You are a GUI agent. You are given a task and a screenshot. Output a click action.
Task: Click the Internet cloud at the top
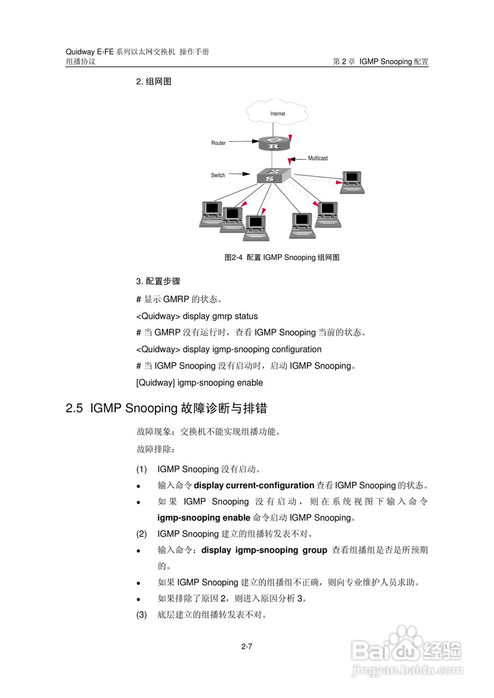coord(277,113)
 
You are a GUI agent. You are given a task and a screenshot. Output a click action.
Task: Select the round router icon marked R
coord(273,143)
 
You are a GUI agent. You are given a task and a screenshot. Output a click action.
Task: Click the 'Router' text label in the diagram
coord(218,143)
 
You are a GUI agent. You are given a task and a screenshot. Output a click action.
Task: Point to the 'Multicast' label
coord(318,158)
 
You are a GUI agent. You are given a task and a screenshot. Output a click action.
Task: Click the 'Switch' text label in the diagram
coord(218,175)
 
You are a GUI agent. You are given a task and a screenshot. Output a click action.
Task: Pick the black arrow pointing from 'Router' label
coord(243,142)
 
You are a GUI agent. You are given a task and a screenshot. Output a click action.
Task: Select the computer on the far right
coord(352,182)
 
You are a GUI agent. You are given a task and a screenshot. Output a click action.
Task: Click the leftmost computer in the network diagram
coord(211,213)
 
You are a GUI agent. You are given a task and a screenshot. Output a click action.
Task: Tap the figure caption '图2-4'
coord(233,257)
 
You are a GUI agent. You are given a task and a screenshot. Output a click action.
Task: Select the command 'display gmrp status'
coord(220,316)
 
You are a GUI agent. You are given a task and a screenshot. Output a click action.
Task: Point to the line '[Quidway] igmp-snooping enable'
coord(199,383)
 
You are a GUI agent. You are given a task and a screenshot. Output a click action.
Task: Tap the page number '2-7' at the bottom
coord(247,647)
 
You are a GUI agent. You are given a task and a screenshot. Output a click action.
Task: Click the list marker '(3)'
coord(141,615)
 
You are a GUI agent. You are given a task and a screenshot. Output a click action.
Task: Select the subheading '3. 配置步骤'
coord(158,281)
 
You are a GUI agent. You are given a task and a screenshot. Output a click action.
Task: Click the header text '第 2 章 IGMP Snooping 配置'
coord(380,62)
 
